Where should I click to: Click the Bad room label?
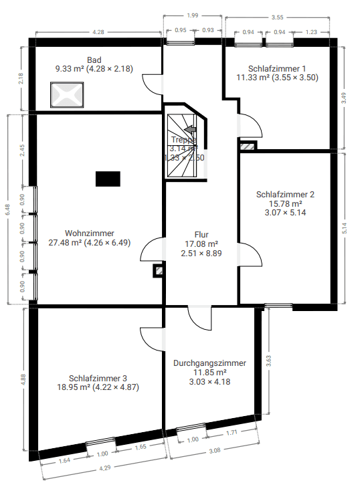coord(94,59)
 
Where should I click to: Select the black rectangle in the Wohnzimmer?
coord(108,178)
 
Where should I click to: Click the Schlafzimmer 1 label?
coord(277,68)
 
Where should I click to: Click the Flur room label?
coord(201,235)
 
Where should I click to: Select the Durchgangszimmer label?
coord(209,363)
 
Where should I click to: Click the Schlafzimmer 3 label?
coord(98,378)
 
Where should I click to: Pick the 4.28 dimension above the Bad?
coord(98,31)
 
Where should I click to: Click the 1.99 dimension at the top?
coord(192,15)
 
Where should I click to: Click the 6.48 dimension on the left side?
coord(7,209)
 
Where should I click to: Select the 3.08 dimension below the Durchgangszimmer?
coord(214,451)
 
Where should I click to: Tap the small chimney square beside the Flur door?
coord(159,271)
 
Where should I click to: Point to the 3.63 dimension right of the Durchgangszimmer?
coord(268,361)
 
